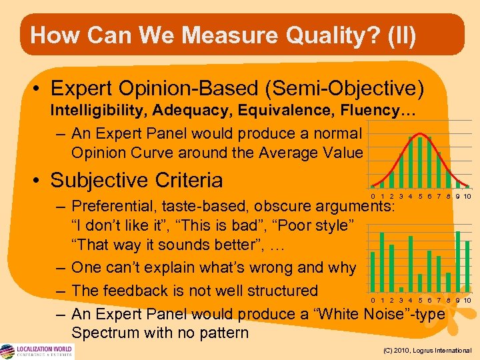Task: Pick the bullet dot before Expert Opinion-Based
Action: pyautogui.click(x=38, y=89)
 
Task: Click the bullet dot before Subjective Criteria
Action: pyautogui.click(x=38, y=181)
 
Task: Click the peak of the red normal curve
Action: pyautogui.click(x=420, y=135)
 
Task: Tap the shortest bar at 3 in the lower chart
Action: pyautogui.click(x=401, y=289)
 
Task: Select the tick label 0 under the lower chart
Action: pyautogui.click(x=373, y=300)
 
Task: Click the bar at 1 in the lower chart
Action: pyautogui.click(x=382, y=262)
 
